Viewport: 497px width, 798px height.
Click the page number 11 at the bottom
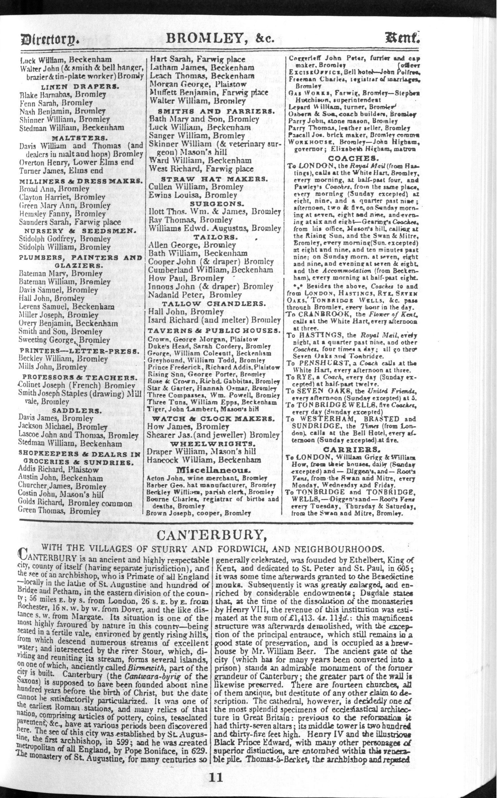coord(216,778)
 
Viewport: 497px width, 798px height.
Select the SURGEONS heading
coord(213,203)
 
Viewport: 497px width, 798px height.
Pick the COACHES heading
coord(352,158)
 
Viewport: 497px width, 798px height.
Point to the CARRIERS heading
coord(352,449)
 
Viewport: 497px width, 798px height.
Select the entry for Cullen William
coord(196,187)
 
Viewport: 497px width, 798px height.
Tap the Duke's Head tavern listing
coord(209,346)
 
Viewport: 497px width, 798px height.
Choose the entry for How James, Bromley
coord(188,426)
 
